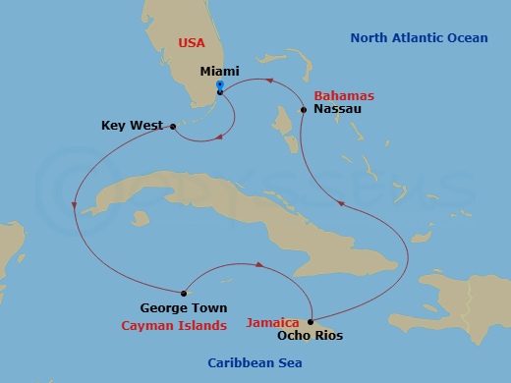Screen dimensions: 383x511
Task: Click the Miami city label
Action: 219,72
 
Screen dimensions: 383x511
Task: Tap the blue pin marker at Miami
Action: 220,86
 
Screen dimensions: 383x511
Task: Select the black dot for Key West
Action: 173,126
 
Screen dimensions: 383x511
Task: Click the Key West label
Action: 133,126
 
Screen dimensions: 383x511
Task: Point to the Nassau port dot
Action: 305,111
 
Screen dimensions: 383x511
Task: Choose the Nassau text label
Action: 333,111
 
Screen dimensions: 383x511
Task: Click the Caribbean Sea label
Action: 254,363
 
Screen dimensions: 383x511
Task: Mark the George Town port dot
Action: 185,292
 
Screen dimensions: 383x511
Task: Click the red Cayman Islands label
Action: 174,325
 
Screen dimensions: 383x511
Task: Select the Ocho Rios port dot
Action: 311,321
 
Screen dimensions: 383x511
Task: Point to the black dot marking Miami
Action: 220,93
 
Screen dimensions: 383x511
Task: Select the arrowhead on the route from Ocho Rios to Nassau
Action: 341,204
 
